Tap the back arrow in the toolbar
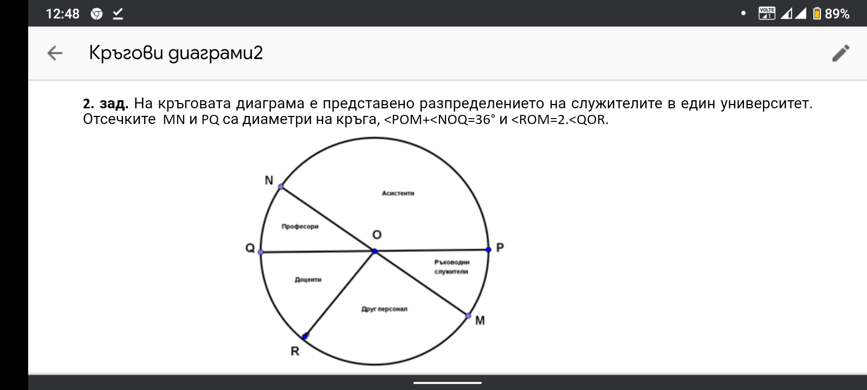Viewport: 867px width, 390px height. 55,53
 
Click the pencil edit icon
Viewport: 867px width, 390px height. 840,54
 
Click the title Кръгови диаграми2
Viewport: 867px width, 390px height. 176,54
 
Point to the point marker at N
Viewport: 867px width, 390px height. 281,187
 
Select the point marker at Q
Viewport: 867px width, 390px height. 261,252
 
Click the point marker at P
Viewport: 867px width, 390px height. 488,250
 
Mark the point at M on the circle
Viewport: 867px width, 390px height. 468,316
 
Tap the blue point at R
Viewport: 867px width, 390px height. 305,336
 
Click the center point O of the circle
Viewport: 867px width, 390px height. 374,251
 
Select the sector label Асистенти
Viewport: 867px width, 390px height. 398,193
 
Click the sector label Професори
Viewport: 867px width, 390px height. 300,226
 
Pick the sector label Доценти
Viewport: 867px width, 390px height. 308,279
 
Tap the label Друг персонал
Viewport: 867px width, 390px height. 384,309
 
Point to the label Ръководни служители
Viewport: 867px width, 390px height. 452,266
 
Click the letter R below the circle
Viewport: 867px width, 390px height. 295,352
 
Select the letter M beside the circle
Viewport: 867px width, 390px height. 480,321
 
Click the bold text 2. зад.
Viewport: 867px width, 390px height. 106,103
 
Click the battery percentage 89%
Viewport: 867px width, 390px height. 837,14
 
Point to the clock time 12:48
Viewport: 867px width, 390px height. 63,14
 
